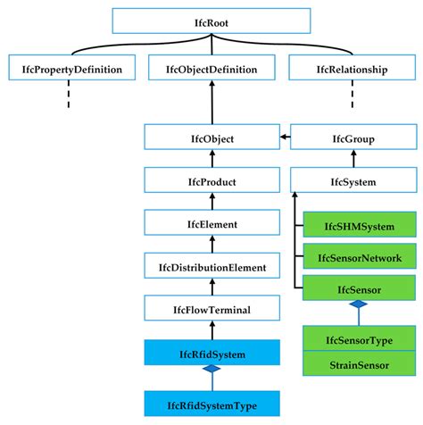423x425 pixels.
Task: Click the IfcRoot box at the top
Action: [211, 21]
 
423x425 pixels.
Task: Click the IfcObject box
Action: [211, 137]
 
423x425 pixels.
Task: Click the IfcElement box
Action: [211, 224]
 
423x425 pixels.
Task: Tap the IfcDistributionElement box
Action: [211, 267]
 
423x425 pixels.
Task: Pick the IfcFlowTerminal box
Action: [211, 311]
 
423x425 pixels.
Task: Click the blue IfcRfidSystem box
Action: [211, 354]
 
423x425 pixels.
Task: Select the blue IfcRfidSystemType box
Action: [211, 404]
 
